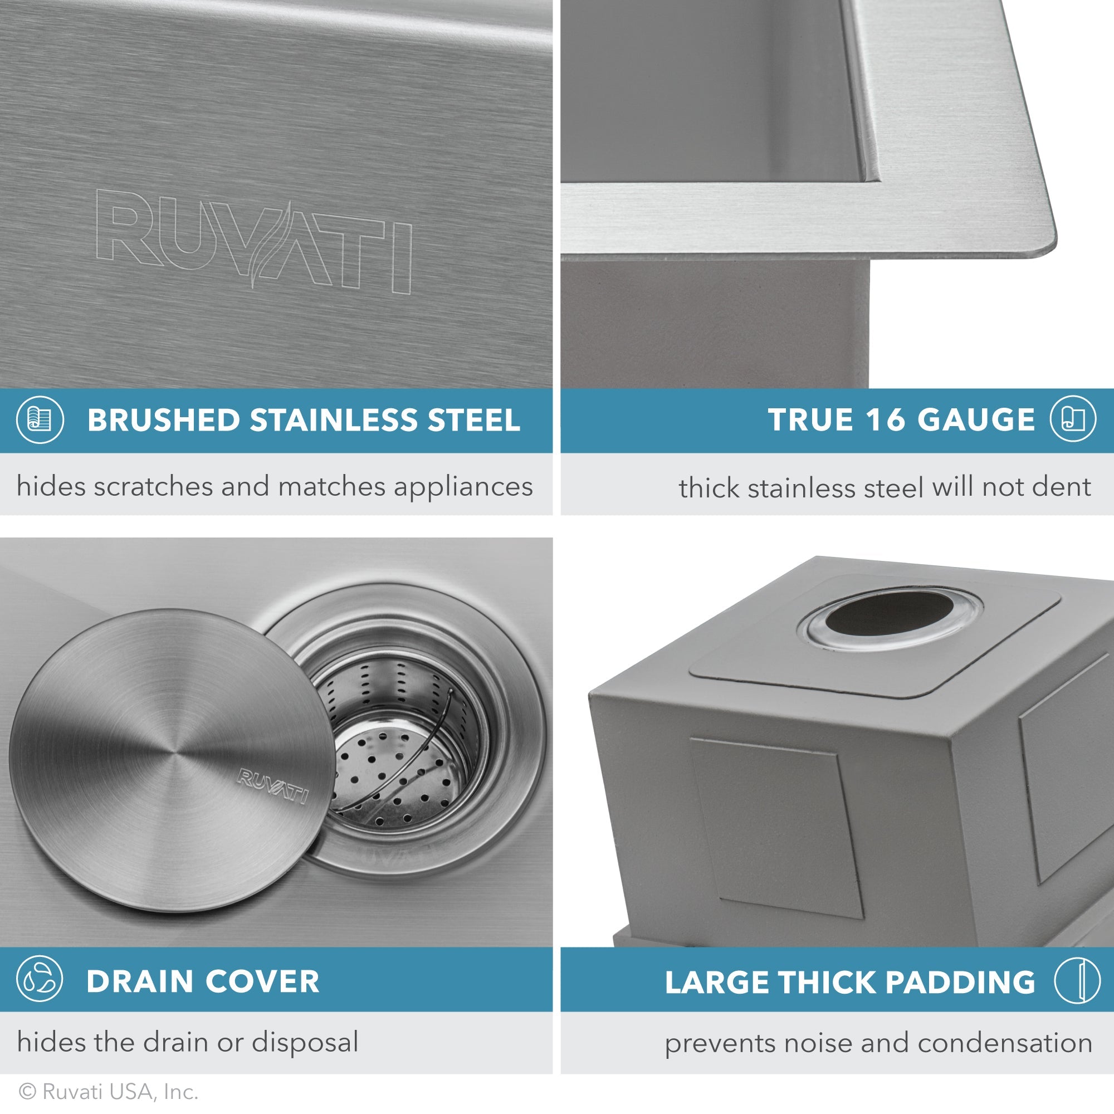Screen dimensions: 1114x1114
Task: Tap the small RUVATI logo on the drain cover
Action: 273,786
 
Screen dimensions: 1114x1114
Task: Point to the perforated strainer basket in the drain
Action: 398,744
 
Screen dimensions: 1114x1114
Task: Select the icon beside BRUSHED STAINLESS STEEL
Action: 40,420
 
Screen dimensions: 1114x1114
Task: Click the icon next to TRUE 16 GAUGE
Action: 1072,420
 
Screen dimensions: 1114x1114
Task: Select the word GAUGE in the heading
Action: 976,420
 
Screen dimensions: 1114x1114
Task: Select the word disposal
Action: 305,1042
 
